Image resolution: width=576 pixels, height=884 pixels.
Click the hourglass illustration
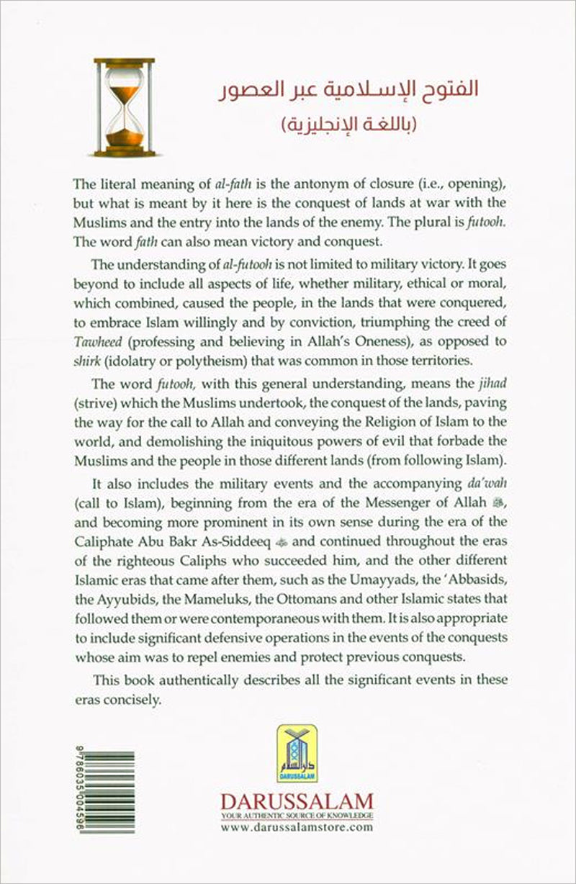coord(124,107)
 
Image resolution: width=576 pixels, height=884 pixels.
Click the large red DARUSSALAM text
coord(296,800)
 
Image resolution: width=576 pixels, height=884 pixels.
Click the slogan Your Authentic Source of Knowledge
coord(296,816)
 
